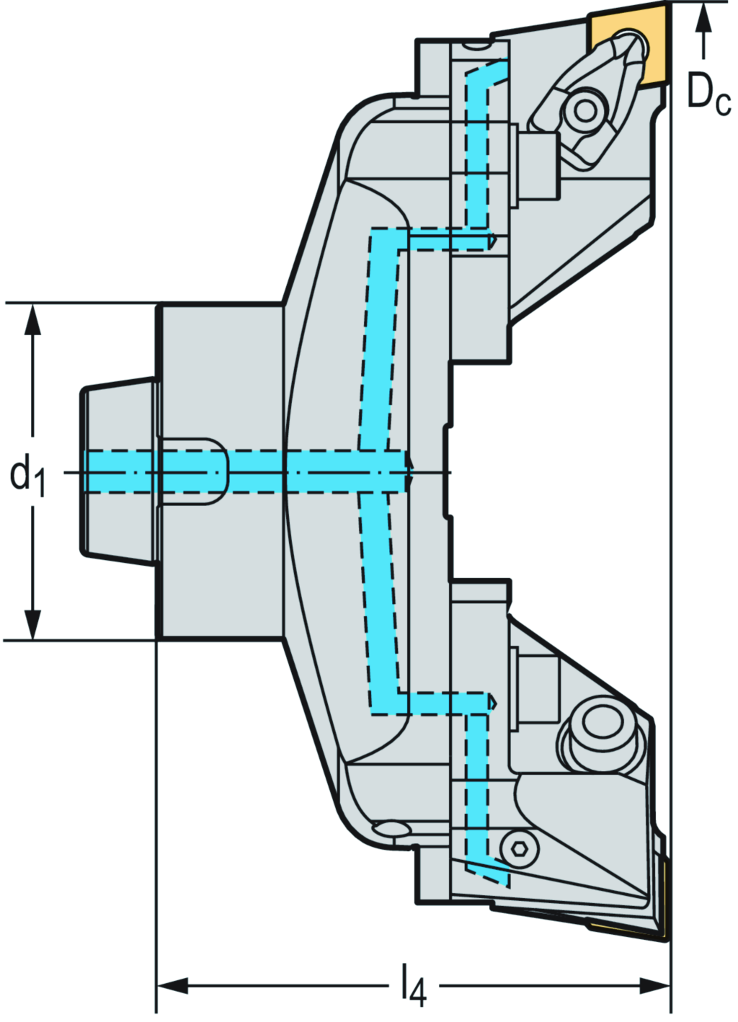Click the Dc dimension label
click(x=708, y=94)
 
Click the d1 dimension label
click(x=27, y=476)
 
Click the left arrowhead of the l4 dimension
click(x=173, y=985)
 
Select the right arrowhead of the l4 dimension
click(x=655, y=985)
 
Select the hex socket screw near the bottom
click(x=518, y=850)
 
